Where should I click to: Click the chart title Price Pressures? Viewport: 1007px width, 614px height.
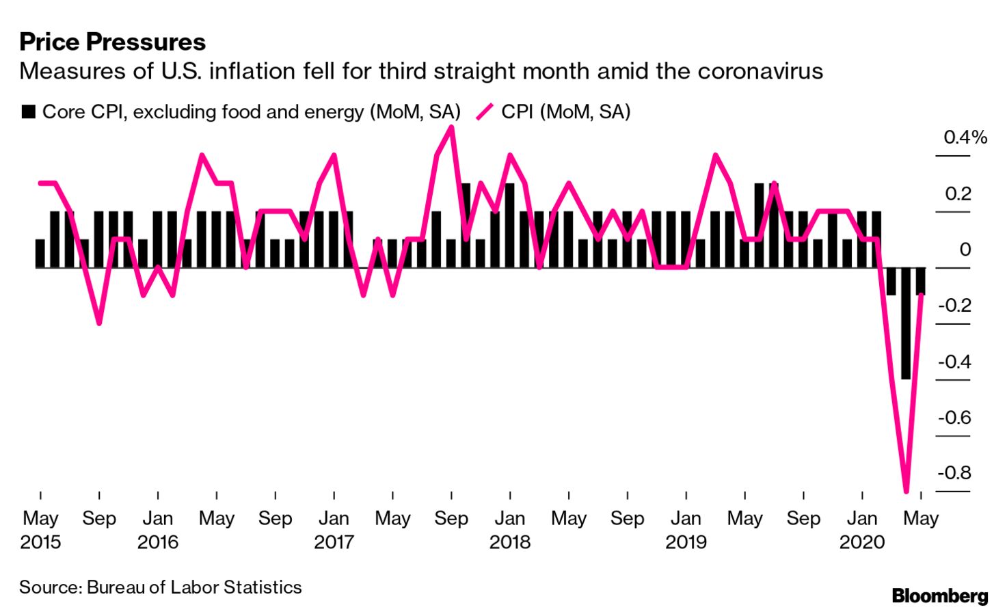(x=112, y=42)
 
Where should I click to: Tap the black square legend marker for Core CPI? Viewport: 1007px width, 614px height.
(x=28, y=111)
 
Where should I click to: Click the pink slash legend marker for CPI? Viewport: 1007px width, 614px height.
(x=484, y=111)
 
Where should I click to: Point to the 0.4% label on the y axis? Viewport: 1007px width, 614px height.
(x=965, y=137)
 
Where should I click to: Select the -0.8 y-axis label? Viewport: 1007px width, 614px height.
(x=954, y=472)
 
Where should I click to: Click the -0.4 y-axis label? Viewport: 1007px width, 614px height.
(x=954, y=361)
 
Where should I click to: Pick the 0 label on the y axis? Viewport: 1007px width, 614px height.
(x=965, y=250)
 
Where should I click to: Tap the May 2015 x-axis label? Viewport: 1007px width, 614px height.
(x=40, y=530)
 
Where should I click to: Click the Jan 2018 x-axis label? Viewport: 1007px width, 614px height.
(x=510, y=530)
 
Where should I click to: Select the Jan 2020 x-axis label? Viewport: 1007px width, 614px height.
(x=862, y=530)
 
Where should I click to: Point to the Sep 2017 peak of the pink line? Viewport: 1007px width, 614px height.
(x=451, y=127)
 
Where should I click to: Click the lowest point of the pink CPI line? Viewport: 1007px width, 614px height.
(x=907, y=490)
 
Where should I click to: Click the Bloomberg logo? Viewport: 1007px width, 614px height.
(x=939, y=596)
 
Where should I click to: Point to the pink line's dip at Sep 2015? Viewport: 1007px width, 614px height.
(x=99, y=323)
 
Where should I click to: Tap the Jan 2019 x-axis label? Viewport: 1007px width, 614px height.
(x=686, y=530)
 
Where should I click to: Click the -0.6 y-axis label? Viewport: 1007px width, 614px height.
(x=954, y=417)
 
